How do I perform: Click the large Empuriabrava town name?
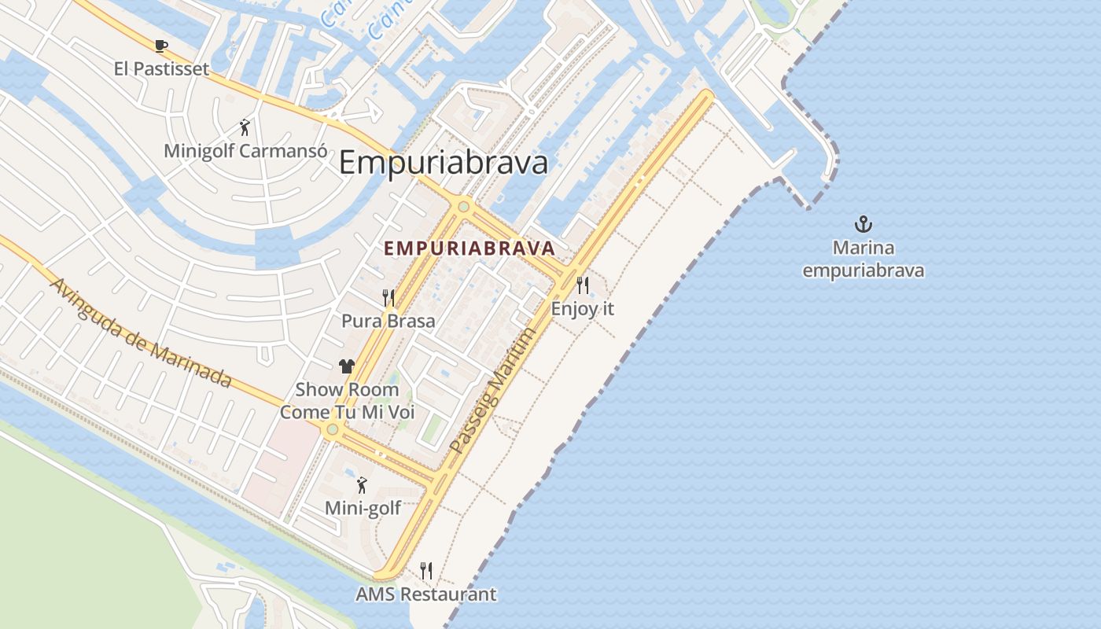point(444,163)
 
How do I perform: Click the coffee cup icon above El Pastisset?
point(161,46)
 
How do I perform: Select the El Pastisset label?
point(161,69)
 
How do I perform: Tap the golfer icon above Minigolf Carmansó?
point(245,127)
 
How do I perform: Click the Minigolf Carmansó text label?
point(245,150)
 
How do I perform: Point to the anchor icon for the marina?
point(863,225)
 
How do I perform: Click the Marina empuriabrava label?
point(863,259)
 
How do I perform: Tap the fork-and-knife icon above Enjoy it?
point(583,285)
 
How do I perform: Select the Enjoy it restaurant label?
point(583,309)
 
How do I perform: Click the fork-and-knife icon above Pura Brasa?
point(388,297)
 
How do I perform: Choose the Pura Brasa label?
point(388,321)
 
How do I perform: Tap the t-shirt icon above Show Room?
point(347,366)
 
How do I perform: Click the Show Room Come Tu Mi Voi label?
point(347,401)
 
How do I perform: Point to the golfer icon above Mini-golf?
point(363,485)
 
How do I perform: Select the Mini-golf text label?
point(363,508)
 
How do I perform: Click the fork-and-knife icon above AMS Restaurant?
point(426,570)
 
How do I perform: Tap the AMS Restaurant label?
point(426,594)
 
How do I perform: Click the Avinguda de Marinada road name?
point(142,333)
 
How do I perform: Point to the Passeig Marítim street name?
point(494,391)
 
